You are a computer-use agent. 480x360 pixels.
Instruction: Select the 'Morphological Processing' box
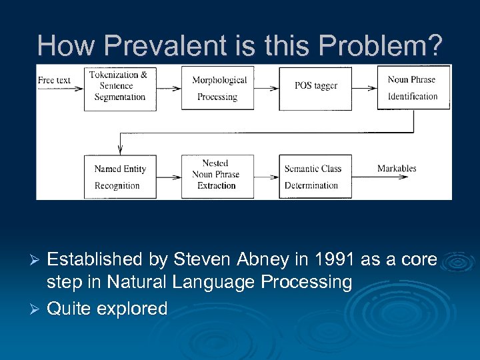point(218,88)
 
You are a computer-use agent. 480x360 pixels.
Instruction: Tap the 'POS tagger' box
point(315,88)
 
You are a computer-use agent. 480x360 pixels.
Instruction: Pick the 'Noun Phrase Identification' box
point(413,87)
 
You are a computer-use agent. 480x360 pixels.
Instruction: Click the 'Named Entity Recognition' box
point(120,177)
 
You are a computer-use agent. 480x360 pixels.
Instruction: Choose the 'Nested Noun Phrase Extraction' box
point(218,177)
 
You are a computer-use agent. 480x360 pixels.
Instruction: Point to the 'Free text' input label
point(55,81)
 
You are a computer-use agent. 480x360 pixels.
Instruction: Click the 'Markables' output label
point(397,169)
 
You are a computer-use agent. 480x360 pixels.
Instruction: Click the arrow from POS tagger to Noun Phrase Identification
point(364,88)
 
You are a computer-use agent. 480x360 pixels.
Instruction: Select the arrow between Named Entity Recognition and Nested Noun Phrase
point(169,177)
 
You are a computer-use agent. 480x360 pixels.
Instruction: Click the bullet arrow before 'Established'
point(37,259)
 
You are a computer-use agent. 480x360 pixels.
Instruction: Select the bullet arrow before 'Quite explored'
point(37,309)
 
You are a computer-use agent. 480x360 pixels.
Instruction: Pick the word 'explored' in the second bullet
point(132,309)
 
